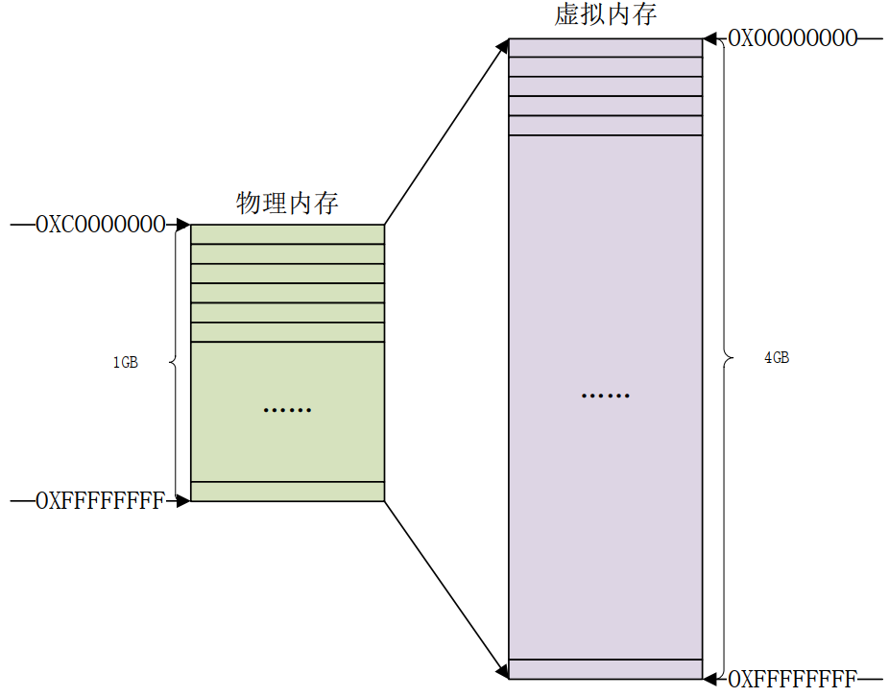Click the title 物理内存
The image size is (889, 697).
(287, 203)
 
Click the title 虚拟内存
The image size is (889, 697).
(606, 14)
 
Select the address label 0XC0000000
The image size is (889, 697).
(101, 225)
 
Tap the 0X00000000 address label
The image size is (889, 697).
(793, 38)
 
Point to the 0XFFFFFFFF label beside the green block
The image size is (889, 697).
(101, 501)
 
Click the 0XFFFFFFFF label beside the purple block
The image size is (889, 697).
(793, 679)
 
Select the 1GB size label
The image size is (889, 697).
(126, 362)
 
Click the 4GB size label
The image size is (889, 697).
(777, 358)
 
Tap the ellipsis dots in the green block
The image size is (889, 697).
(287, 410)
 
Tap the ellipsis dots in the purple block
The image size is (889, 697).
(606, 396)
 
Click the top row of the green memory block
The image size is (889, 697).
(287, 234)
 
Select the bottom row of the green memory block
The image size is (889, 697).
(287, 492)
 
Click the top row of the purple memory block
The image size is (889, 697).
(606, 48)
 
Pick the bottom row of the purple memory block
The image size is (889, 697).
(606, 668)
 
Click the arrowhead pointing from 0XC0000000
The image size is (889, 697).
(183, 225)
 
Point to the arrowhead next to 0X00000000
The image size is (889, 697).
(709, 39)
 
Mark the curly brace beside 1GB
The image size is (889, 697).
(174, 362)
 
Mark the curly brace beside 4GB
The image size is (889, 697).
(727, 358)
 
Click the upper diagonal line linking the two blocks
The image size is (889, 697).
(446, 132)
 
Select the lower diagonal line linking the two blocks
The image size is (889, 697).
(446, 589)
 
